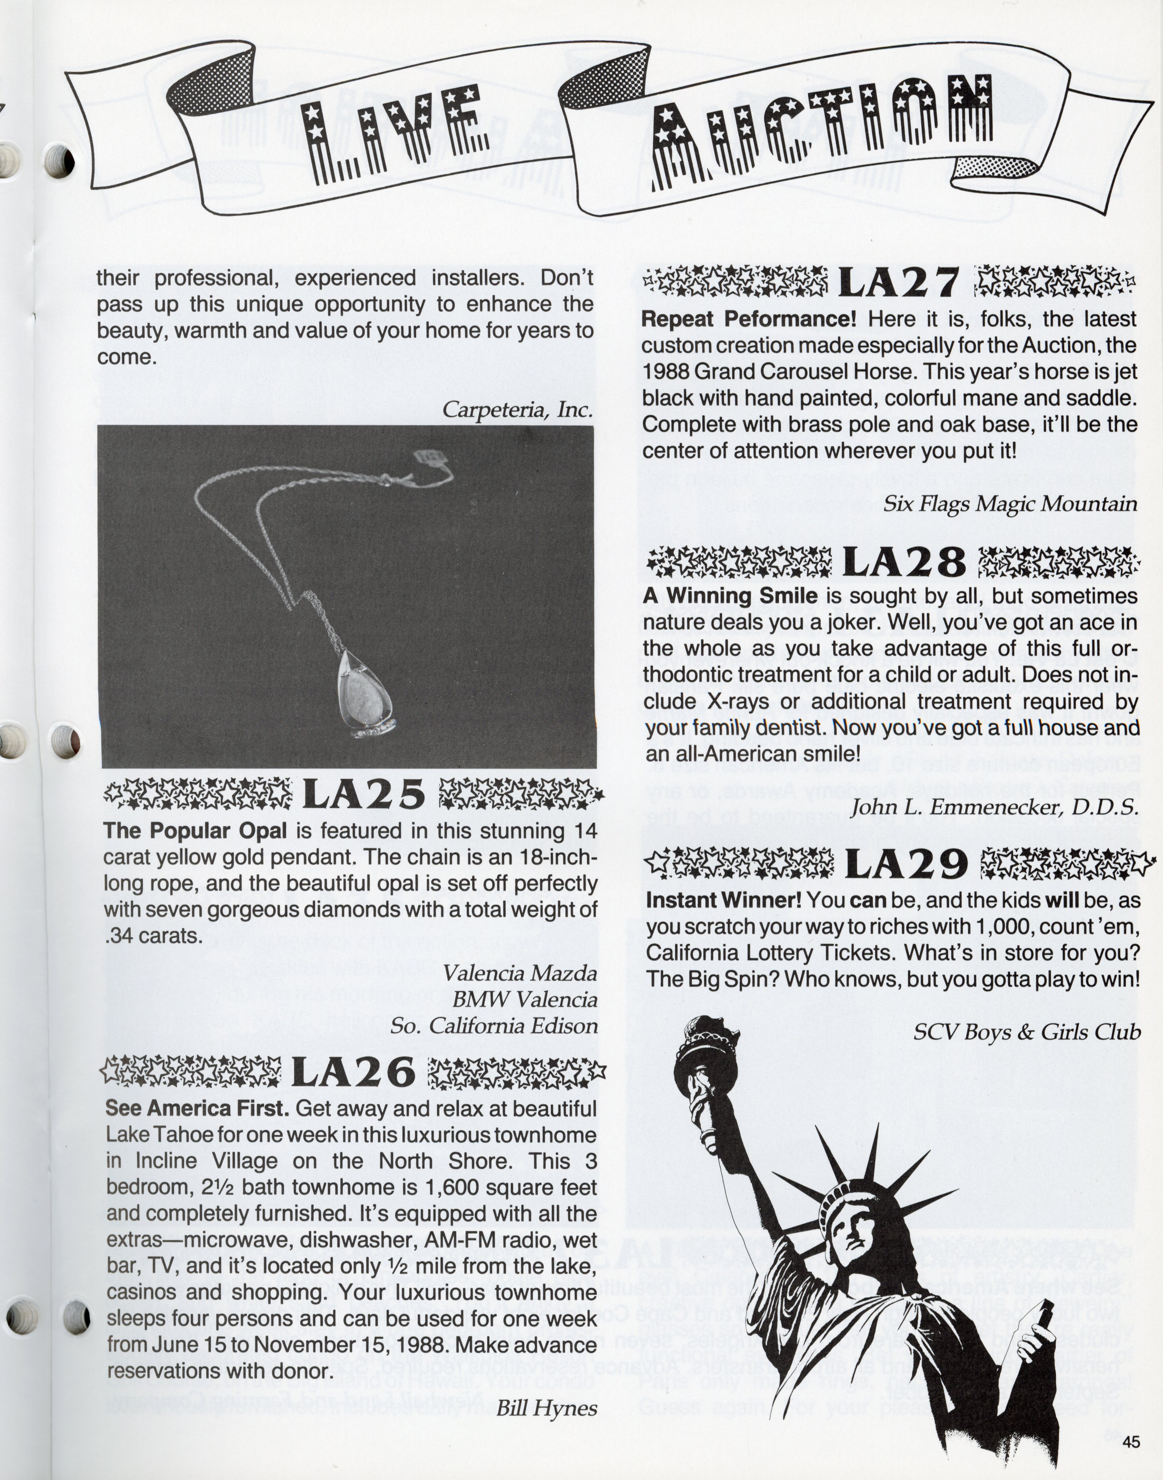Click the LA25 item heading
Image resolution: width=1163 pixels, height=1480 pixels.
tap(364, 794)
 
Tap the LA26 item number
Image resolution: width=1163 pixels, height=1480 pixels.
tap(353, 1072)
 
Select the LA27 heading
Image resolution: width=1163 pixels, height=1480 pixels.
tap(898, 281)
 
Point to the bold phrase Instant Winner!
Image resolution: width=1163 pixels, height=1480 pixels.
tap(723, 901)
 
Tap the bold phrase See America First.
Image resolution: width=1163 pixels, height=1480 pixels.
tap(197, 1108)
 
